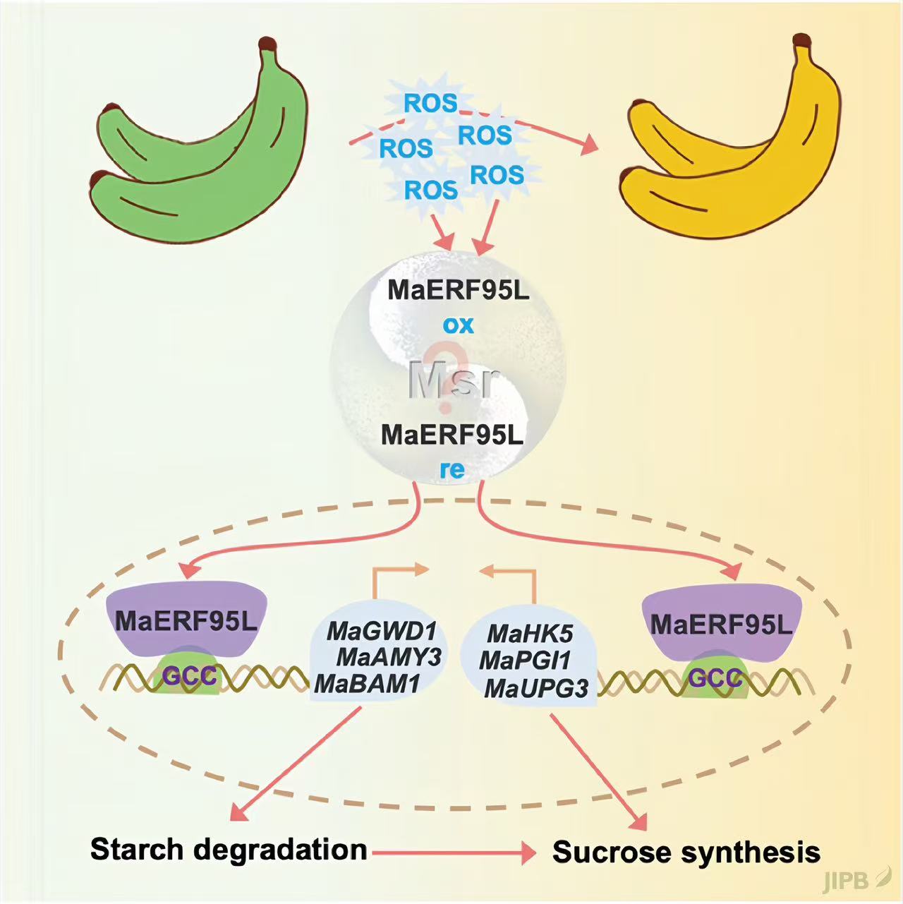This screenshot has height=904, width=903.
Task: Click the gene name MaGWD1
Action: tap(382, 630)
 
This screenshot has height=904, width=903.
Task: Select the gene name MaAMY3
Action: tap(389, 657)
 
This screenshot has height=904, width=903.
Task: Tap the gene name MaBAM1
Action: tap(368, 683)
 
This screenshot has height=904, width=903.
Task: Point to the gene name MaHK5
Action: tap(530, 633)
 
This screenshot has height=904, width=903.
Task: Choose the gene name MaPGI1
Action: tap(525, 661)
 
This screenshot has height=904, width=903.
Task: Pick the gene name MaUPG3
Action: tap(536, 688)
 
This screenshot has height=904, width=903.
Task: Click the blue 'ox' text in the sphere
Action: tap(458, 325)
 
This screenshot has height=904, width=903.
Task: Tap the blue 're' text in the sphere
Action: tap(452, 470)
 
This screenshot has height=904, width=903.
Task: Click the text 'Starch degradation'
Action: tap(229, 849)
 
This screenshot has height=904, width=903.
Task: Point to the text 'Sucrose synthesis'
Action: tap(686, 852)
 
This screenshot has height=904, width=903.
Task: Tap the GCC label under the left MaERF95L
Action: tap(189, 676)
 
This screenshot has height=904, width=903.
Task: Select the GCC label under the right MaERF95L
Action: tap(715, 678)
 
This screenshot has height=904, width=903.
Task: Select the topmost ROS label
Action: tap(430, 103)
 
